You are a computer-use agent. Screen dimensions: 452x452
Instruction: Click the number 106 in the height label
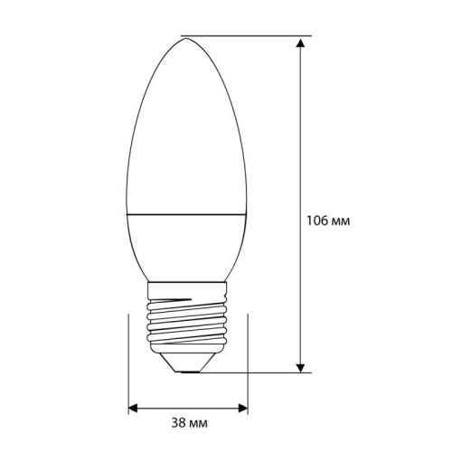[x=316, y=220]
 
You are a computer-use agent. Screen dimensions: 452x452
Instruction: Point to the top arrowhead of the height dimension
[x=299, y=42]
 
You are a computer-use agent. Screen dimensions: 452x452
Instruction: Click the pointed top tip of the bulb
[x=183, y=37]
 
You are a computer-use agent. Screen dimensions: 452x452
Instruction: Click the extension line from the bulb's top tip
[x=244, y=36]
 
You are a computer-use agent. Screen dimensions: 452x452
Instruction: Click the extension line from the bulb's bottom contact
[x=262, y=371]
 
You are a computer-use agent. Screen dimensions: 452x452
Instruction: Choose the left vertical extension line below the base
[x=127, y=362]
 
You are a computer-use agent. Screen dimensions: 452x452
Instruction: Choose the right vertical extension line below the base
[x=250, y=362]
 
